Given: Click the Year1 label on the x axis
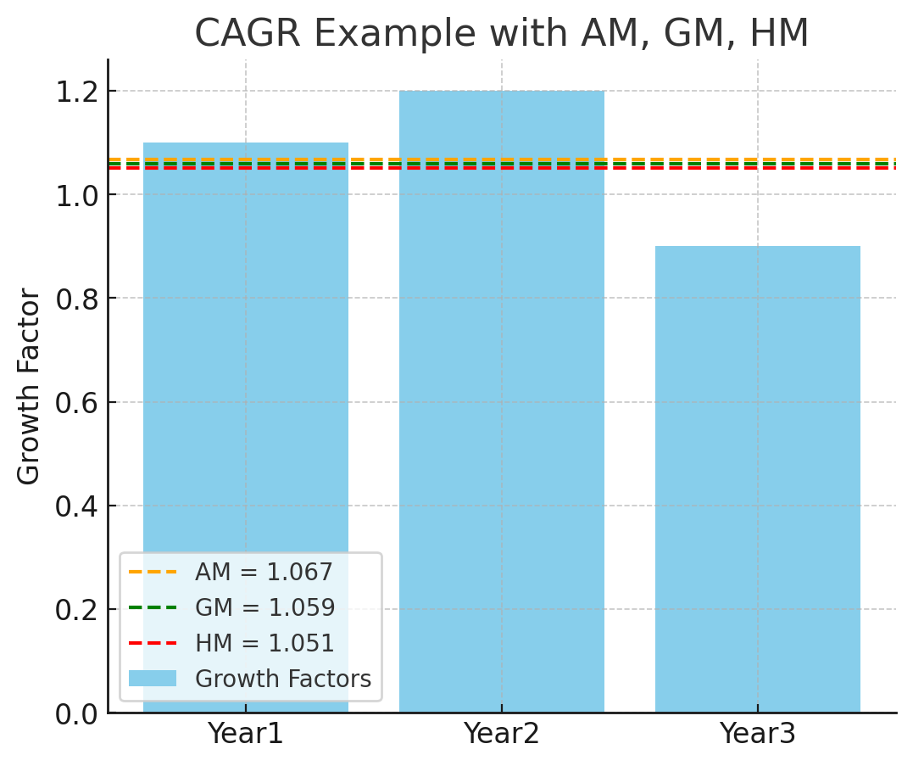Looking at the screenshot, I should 246,734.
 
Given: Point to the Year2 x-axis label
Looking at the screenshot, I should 502,734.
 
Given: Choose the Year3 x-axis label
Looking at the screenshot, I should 758,734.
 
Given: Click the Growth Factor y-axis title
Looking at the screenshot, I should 29,386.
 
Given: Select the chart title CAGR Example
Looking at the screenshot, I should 502,34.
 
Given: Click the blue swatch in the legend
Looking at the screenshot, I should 153,679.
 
